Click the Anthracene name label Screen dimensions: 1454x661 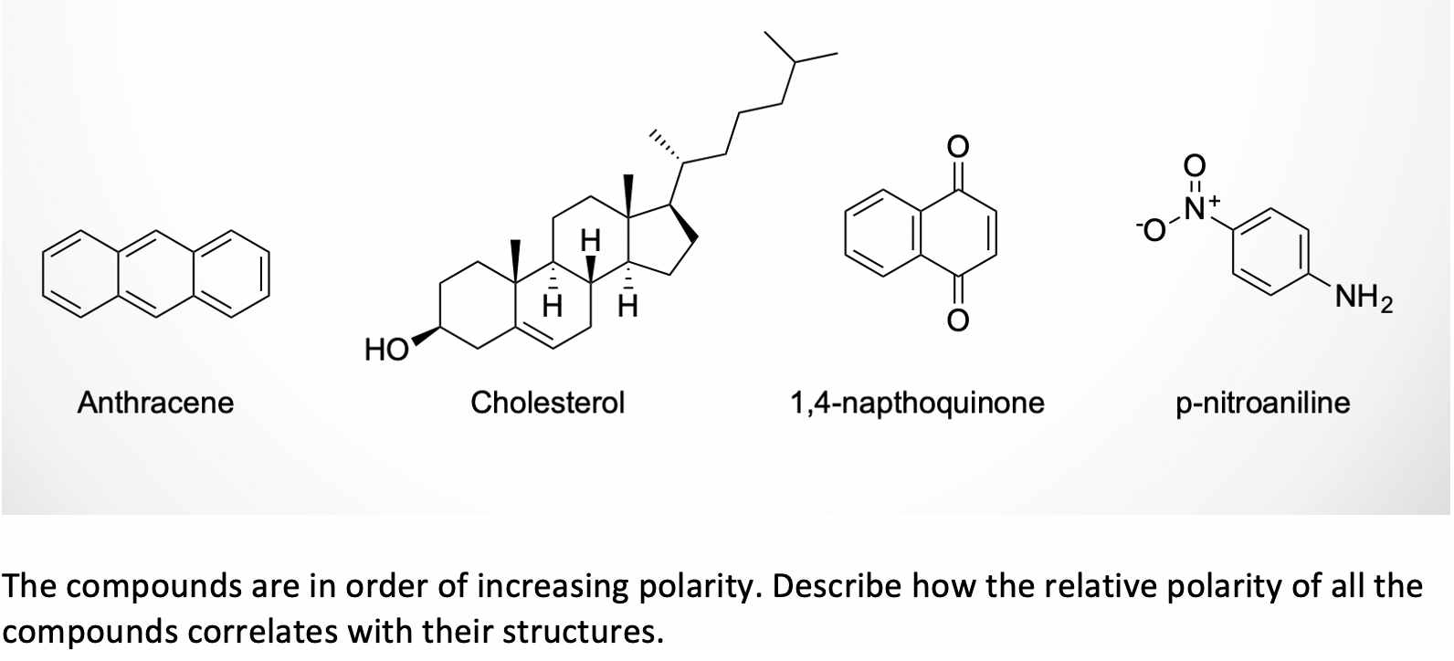(x=155, y=402)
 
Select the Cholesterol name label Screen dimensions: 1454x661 (x=547, y=402)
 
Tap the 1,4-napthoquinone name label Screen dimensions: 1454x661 (x=917, y=402)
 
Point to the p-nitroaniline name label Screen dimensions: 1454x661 (x=1262, y=403)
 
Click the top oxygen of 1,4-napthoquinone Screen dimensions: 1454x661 (x=956, y=147)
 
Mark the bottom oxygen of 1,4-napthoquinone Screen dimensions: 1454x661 (x=956, y=320)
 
